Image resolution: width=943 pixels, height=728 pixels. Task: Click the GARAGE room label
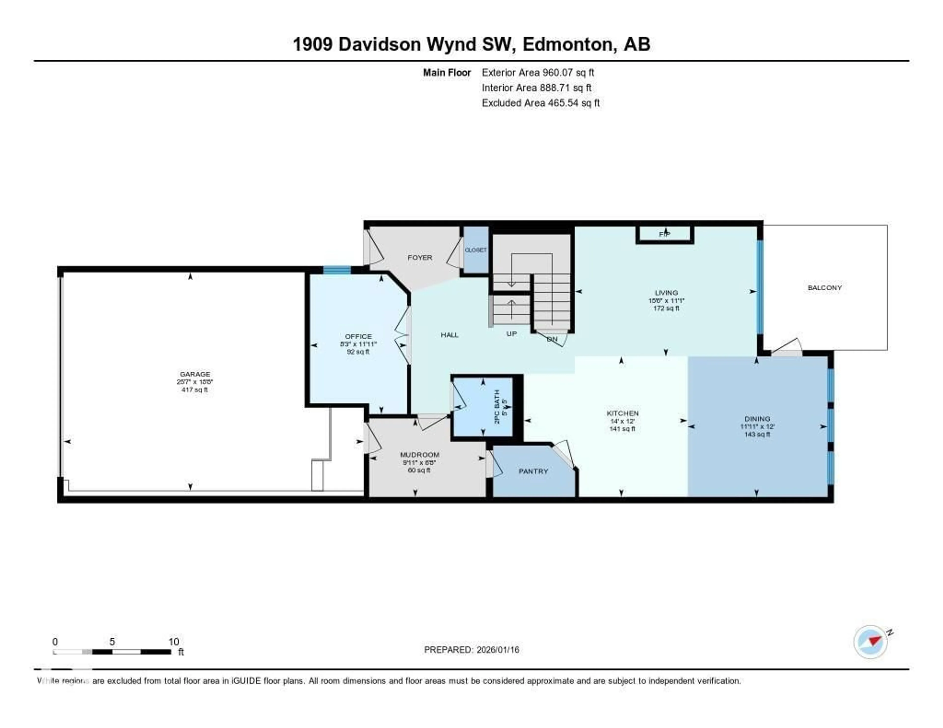coord(195,374)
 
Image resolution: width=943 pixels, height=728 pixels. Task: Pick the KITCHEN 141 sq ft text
coord(622,429)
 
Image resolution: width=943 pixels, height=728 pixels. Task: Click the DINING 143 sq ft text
coord(757,434)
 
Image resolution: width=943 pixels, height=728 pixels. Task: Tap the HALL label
coord(449,335)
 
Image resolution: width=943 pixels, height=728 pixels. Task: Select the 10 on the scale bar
coord(174,642)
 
